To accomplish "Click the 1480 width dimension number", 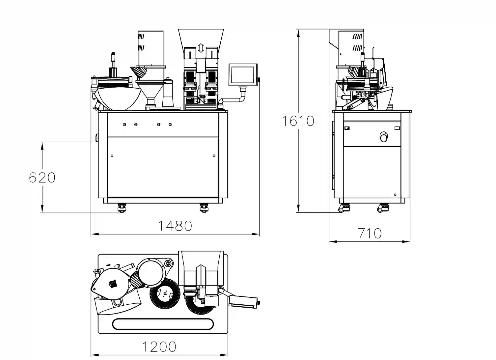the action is (x=175, y=226).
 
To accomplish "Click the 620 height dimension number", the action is (x=42, y=177).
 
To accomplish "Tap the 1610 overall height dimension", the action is (x=298, y=121).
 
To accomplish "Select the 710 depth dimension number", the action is (x=370, y=234).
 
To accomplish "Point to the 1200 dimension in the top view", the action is (x=159, y=346).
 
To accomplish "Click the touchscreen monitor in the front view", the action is (x=243, y=75).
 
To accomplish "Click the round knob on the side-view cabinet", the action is (x=383, y=136).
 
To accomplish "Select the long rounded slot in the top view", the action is (x=163, y=324).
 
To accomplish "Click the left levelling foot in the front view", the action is (x=122, y=208).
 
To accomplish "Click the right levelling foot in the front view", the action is (x=204, y=208).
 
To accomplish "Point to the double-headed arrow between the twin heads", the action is (x=201, y=48).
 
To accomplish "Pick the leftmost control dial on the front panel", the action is (x=124, y=125).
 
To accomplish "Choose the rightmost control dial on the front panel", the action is (x=170, y=125).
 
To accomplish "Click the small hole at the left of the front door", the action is (x=112, y=156).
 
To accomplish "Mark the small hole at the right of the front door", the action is (x=214, y=156).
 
